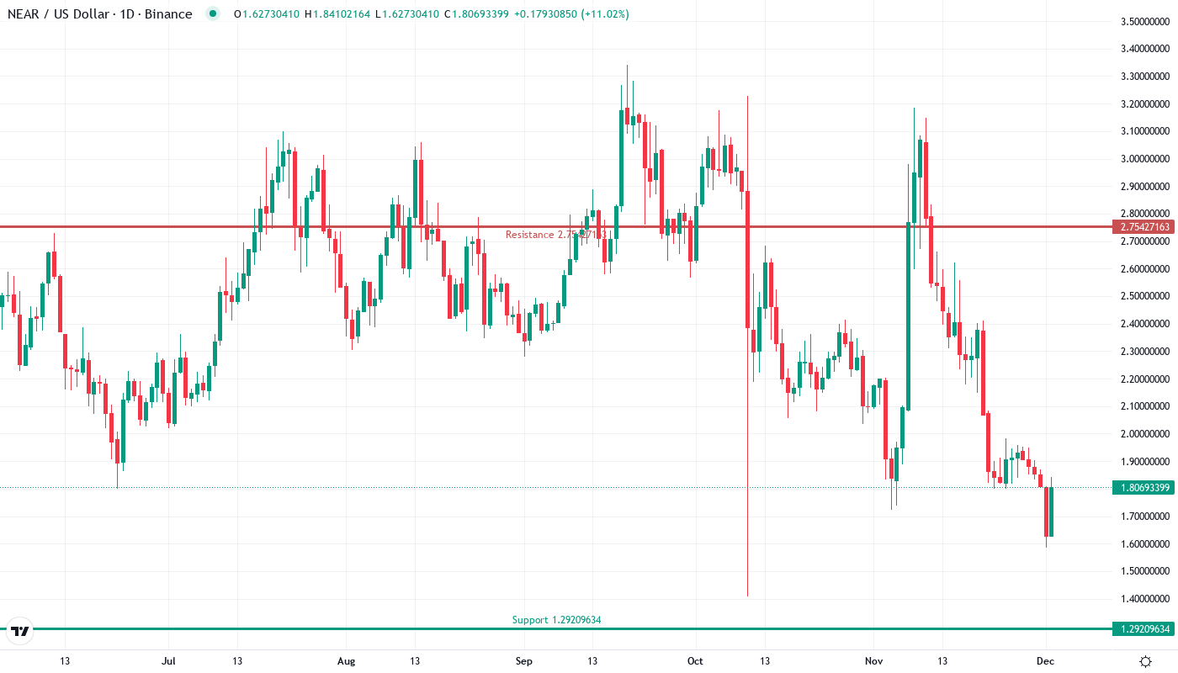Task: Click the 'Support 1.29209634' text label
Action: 556,620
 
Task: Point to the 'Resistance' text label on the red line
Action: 529,235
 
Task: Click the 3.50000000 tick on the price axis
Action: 1145,21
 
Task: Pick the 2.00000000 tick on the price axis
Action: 1145,434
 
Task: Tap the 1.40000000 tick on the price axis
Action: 1145,599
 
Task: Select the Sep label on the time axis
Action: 523,661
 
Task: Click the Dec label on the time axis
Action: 1045,661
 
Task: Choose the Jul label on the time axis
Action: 169,661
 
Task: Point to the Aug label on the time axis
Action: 346,661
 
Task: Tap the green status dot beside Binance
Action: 212,14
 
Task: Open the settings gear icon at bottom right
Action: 1146,661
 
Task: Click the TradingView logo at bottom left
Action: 19,630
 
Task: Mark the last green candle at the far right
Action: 1051,511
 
